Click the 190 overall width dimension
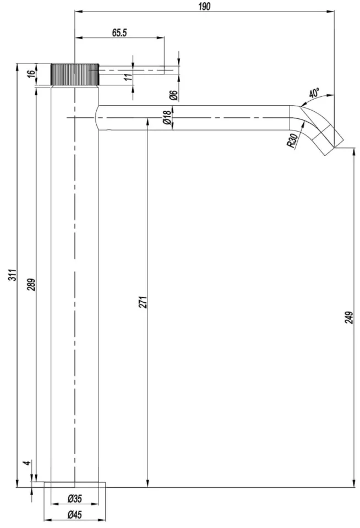204,6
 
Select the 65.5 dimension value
119,32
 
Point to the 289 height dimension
31,285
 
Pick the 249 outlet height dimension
349,318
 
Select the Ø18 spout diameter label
167,117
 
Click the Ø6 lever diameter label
174,95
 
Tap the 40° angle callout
314,92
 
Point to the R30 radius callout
292,140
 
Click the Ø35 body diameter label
74,498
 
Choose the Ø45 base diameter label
74,514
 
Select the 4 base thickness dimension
29,462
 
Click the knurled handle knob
75,74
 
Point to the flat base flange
75,485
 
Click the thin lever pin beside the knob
132,70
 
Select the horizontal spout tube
193,117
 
